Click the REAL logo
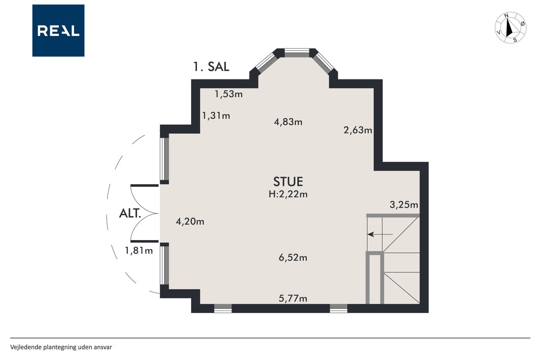click(x=58, y=31)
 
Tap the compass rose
click(x=510, y=27)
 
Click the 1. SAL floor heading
click(x=211, y=67)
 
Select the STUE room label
click(x=288, y=181)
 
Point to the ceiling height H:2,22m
click(x=288, y=194)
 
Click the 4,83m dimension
click(x=288, y=122)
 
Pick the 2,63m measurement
click(x=358, y=130)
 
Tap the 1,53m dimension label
click(x=229, y=94)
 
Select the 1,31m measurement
click(x=216, y=116)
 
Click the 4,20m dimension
click(x=190, y=222)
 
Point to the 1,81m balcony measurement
click(x=139, y=251)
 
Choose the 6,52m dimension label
click(x=293, y=258)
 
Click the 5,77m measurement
click(x=293, y=299)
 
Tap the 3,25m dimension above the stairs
click(x=404, y=205)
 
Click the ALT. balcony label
click(x=130, y=214)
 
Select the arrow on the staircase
click(x=380, y=234)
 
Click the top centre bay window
click(x=297, y=53)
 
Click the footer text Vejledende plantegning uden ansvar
click(x=61, y=347)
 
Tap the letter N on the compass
click(x=507, y=16)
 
